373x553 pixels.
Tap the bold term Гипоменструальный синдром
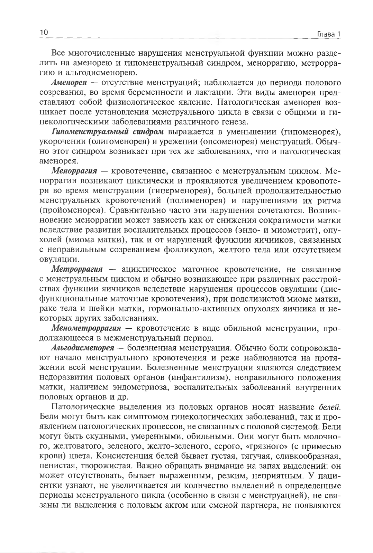point(107,132)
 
